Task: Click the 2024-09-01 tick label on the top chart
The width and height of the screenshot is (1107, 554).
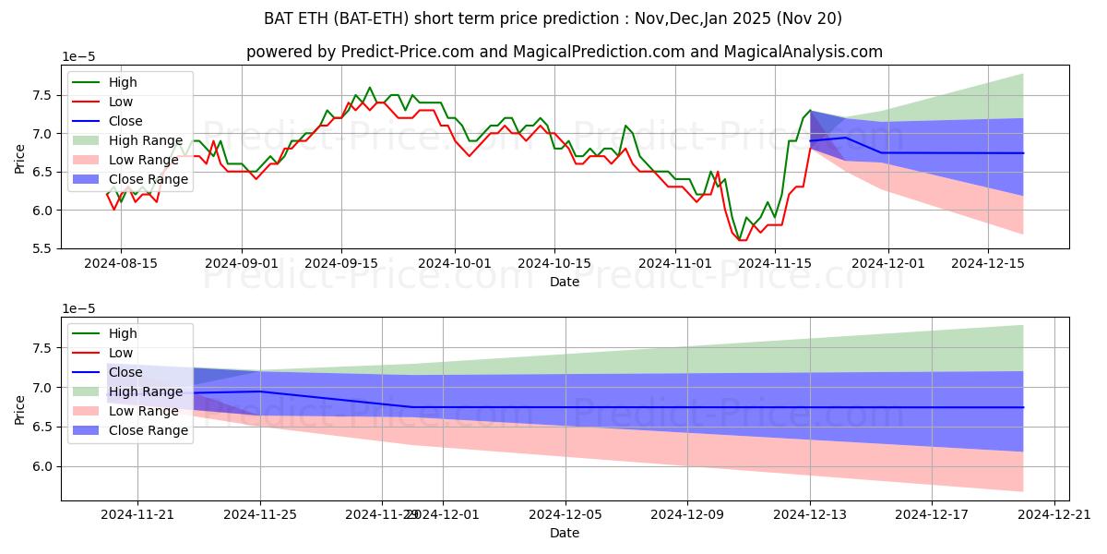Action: point(242,263)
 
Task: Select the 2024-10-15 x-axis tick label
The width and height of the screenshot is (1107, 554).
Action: point(554,263)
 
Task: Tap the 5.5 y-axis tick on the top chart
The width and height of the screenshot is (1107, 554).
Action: point(42,249)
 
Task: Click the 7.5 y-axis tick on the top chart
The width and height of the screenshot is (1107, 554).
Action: point(42,95)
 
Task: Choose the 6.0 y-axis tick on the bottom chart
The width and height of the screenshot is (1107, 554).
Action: point(42,466)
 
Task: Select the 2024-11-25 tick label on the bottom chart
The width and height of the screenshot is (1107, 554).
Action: point(259,514)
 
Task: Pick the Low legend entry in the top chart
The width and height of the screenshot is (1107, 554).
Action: point(121,102)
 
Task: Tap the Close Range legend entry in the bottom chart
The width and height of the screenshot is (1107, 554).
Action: point(148,430)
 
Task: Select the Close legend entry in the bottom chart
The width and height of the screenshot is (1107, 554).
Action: point(125,372)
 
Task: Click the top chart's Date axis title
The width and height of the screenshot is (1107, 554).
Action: point(565,282)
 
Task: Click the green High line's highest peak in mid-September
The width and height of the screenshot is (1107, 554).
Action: point(370,88)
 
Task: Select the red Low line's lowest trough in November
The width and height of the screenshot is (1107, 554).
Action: point(742,240)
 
